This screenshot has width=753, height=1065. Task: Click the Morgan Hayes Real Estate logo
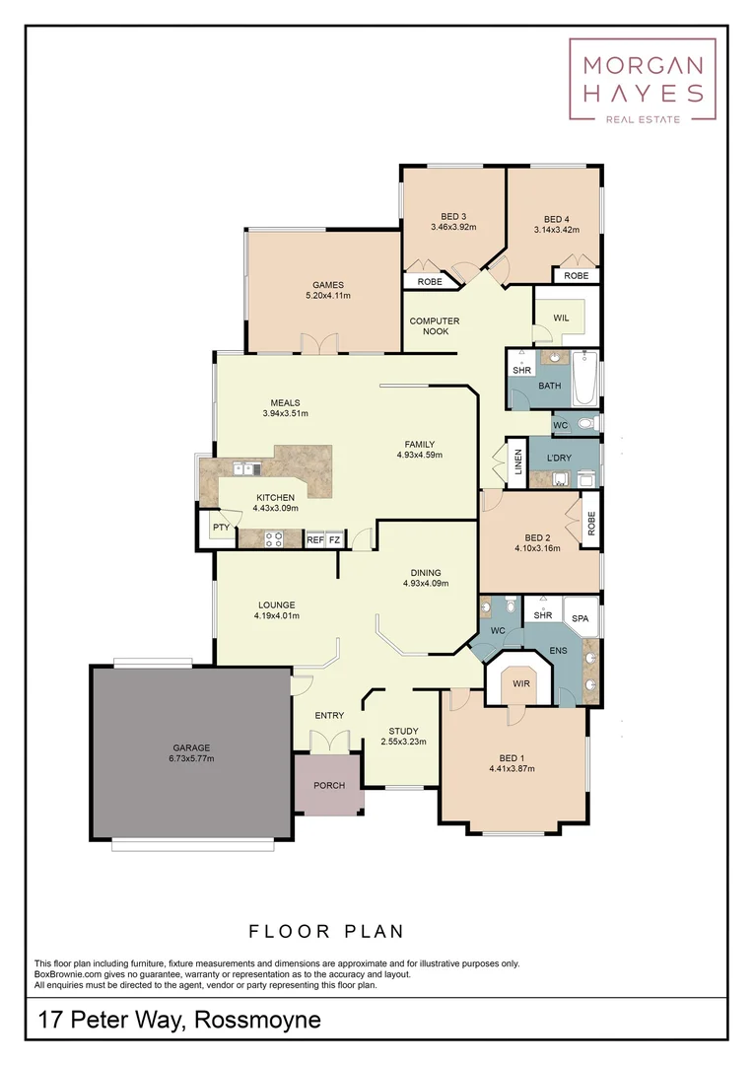coord(642,81)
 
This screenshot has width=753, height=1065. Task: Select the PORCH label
coord(328,786)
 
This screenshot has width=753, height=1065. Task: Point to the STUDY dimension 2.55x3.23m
coord(403,742)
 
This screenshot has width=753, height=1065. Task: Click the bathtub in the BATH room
coord(584,379)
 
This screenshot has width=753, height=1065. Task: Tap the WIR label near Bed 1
coord(518,681)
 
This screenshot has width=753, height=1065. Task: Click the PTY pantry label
coord(221,528)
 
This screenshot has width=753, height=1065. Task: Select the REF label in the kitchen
coord(315,540)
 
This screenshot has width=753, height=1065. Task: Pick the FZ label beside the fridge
coord(334,540)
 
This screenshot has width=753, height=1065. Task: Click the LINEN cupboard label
coord(517,462)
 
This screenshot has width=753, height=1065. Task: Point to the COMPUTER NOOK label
coord(435,326)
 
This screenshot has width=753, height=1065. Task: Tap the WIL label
coord(561,319)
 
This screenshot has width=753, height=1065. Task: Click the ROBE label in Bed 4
coord(577,276)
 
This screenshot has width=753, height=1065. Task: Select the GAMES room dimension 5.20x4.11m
coord(328,295)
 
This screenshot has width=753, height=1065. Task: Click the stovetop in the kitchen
coord(273,538)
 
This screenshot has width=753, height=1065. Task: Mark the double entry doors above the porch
coord(329,741)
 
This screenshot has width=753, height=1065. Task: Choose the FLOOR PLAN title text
coord(326,931)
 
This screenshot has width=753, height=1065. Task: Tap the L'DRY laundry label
coord(559,459)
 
